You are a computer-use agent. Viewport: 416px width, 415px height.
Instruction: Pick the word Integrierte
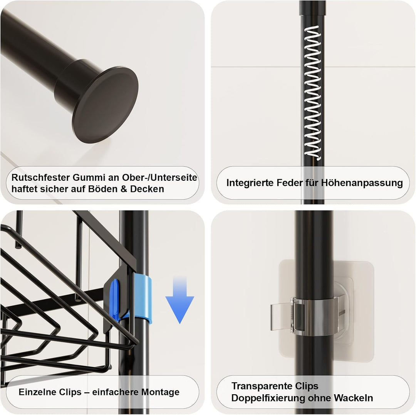(250, 183)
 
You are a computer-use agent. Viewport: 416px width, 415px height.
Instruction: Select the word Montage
(160, 392)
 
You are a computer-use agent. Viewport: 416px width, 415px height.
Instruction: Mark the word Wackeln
(353, 398)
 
